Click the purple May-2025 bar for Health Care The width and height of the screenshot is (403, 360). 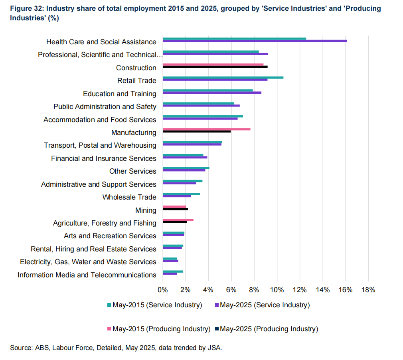255,41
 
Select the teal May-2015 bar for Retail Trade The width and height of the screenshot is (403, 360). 223,77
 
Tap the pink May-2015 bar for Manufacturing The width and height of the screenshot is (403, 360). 207,129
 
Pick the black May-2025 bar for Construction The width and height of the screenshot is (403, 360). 215,67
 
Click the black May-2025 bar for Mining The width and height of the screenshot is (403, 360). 175,209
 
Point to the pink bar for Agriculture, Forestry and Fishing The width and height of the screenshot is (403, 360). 178,220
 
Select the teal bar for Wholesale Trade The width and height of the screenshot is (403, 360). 182,194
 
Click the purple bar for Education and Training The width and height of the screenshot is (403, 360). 212,93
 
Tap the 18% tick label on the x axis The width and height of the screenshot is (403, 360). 368,290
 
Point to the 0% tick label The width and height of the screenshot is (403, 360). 163,290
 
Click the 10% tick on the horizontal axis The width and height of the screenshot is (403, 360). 277,290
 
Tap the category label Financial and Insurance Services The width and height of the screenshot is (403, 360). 103,158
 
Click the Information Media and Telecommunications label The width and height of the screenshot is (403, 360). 87,275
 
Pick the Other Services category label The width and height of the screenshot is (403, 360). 132,171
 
